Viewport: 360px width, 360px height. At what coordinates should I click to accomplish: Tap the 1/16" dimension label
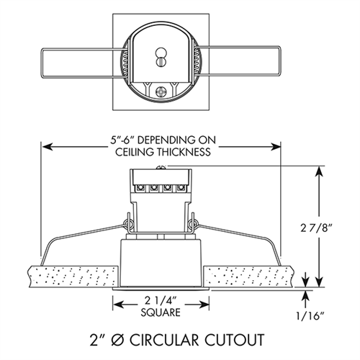click(315, 315)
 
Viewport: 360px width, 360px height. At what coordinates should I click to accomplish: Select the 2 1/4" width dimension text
click(161, 301)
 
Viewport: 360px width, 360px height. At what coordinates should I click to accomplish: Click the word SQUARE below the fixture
click(161, 313)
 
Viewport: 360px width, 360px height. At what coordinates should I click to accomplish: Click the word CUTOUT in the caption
click(230, 338)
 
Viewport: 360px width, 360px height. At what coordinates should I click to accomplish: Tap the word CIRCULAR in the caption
click(169, 338)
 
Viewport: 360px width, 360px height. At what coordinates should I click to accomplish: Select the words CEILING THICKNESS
click(161, 153)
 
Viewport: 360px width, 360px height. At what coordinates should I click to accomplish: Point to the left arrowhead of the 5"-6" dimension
click(48, 146)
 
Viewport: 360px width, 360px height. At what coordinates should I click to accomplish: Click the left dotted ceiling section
click(72, 276)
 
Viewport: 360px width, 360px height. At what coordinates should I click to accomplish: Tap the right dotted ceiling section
click(252, 276)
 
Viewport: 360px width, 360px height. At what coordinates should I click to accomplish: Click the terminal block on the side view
click(161, 189)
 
